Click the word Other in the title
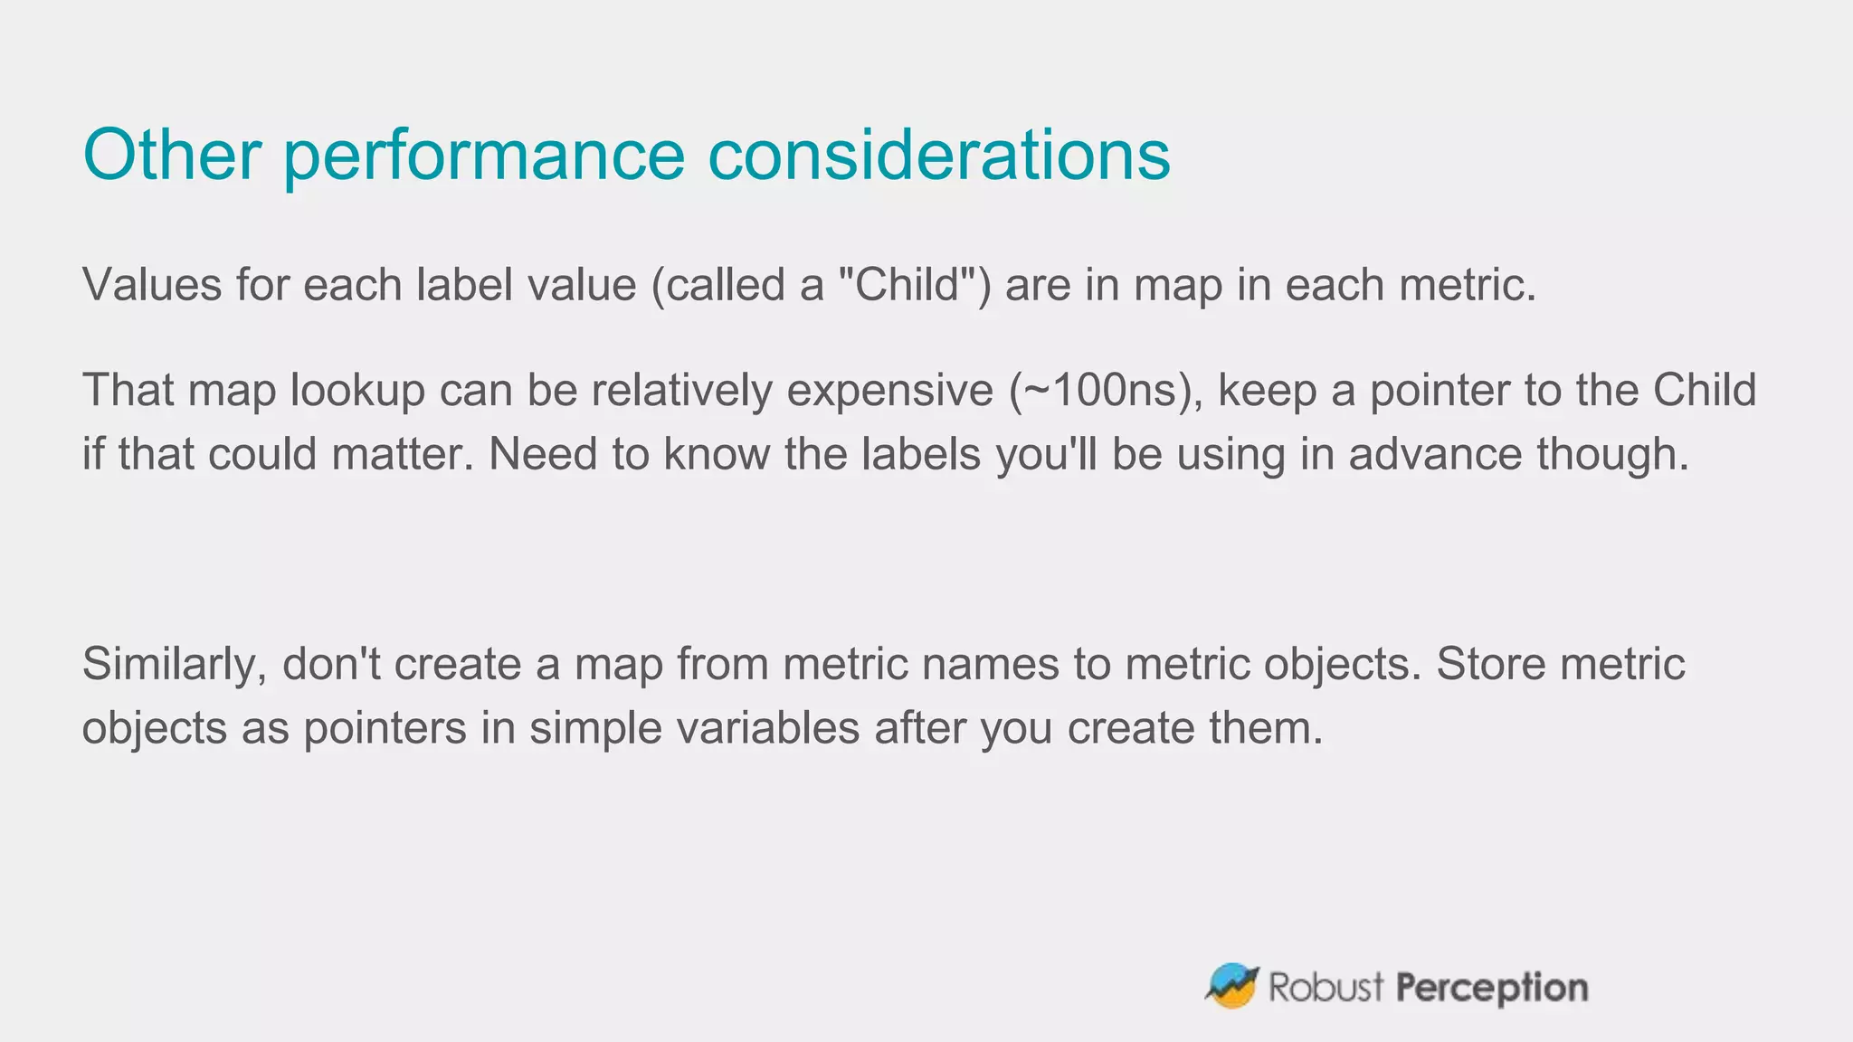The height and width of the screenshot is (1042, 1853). pyautogui.click(x=172, y=155)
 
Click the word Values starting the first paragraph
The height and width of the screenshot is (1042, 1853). pyautogui.click(x=152, y=285)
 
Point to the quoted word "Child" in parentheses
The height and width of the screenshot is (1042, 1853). pyautogui.click(x=907, y=285)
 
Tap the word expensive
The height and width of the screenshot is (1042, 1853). pyautogui.click(x=889, y=391)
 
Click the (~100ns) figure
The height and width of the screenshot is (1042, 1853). pyautogui.click(x=1106, y=391)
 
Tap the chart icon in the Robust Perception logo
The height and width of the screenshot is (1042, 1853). pyautogui.click(x=1232, y=986)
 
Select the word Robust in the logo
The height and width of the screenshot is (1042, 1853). pyautogui.click(x=1326, y=987)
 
